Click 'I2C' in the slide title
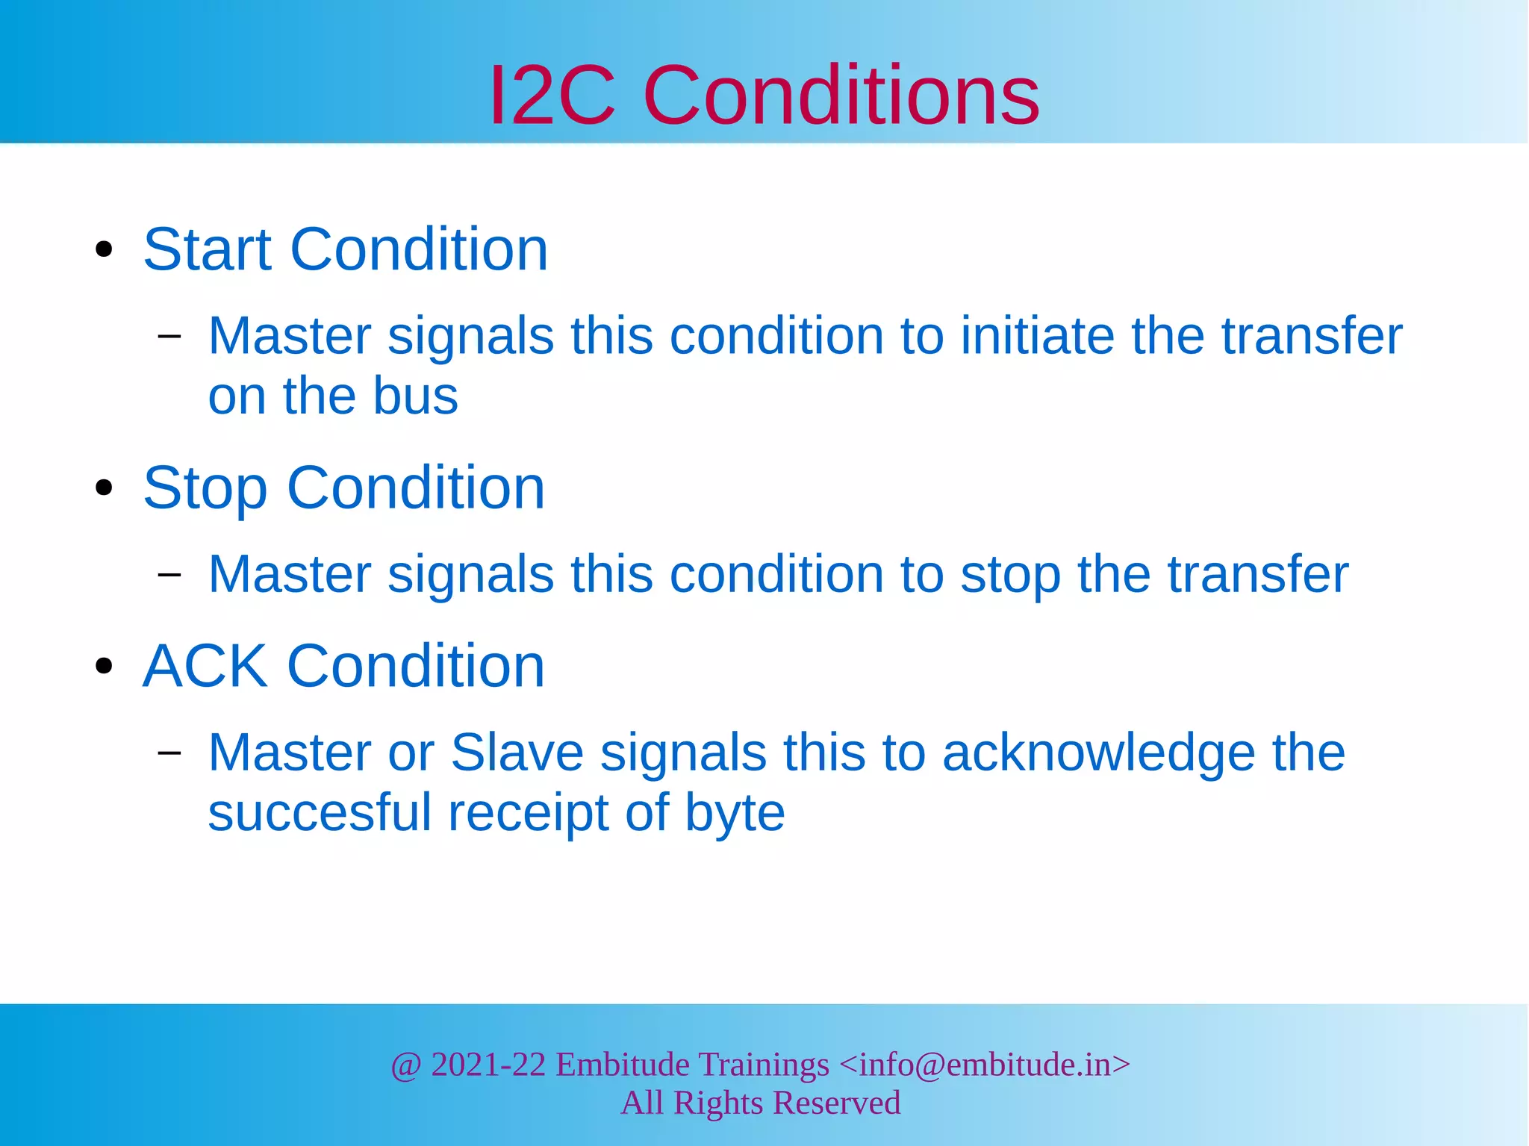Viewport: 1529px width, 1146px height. [x=552, y=96]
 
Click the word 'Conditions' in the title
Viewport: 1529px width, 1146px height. [x=841, y=96]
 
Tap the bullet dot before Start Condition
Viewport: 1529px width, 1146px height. [x=104, y=250]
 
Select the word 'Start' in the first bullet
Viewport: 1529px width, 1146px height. [x=207, y=249]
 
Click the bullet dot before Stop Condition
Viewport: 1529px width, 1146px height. [x=104, y=488]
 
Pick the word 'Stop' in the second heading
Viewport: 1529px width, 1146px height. [x=205, y=489]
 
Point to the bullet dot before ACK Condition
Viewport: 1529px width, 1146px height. [x=104, y=666]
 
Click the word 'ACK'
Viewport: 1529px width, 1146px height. [x=205, y=666]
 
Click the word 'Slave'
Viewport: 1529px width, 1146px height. [x=517, y=753]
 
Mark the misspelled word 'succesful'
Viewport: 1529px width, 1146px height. [x=320, y=812]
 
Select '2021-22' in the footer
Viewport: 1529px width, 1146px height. [x=488, y=1065]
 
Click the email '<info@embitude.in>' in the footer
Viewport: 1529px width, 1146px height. [x=985, y=1065]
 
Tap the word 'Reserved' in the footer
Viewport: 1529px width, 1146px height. [x=836, y=1103]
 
